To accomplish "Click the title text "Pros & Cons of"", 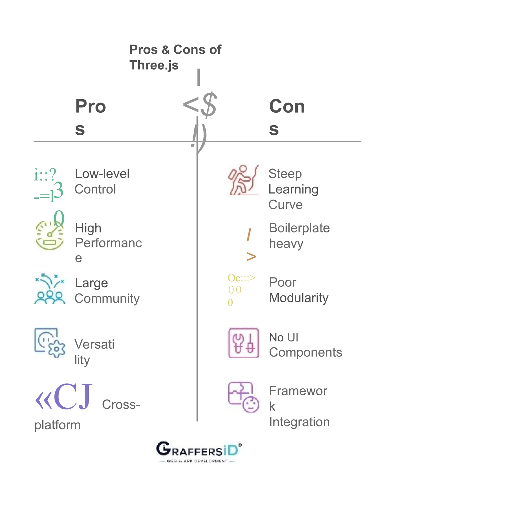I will (175, 49).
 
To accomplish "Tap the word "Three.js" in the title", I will (154, 65).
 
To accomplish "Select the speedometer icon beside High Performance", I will (49, 235).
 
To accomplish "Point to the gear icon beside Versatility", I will (49, 343).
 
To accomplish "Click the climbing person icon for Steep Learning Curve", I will (243, 180).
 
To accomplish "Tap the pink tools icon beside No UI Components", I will (243, 343).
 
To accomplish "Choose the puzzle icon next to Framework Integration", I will (243, 397).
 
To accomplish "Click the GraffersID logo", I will (199, 452).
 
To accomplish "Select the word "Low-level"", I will (102, 174).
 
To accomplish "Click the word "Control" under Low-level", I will (95, 189).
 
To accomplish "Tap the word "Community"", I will (107, 299).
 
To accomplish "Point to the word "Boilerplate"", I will (299, 228).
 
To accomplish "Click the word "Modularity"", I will (299, 298).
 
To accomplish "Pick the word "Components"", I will (305, 352).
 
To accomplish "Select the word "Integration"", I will (299, 422).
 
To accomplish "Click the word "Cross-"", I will (121, 404).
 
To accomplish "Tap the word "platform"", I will (57, 425).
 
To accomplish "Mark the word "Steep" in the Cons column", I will (285, 174).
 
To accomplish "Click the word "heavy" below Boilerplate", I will (286, 244).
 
